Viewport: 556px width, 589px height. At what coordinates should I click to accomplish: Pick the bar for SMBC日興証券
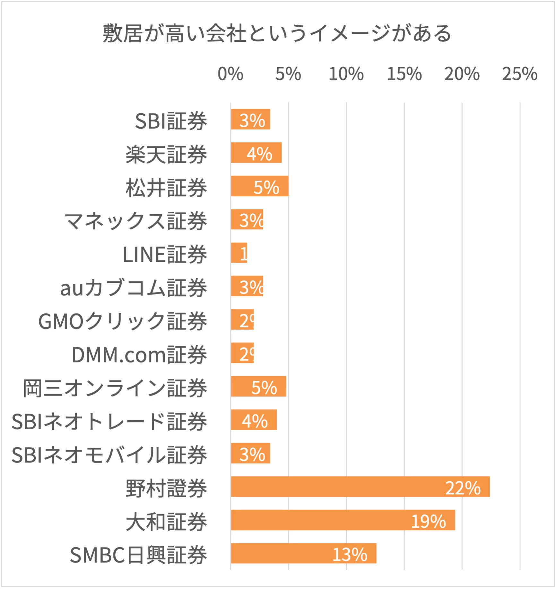pyautogui.click(x=303, y=554)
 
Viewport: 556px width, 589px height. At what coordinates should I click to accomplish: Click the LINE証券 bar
pyautogui.click(x=239, y=253)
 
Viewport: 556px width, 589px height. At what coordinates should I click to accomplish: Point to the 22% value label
pyautogui.click(x=463, y=488)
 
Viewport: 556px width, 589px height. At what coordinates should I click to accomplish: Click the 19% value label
pyautogui.click(x=428, y=522)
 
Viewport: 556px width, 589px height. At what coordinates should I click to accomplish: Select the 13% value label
pyautogui.click(x=349, y=555)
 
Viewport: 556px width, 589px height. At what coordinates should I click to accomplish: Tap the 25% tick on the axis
pyautogui.click(x=519, y=74)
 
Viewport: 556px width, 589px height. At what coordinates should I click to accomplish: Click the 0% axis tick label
pyautogui.click(x=230, y=74)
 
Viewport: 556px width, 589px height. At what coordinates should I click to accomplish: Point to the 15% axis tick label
pyautogui.click(x=404, y=74)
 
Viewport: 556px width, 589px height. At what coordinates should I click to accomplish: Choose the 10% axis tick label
pyautogui.click(x=346, y=74)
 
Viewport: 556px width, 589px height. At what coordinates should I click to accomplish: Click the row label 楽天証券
pyautogui.click(x=166, y=155)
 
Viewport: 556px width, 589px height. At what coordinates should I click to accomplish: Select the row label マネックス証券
pyautogui.click(x=135, y=221)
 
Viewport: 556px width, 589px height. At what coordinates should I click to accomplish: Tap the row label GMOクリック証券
pyautogui.click(x=123, y=321)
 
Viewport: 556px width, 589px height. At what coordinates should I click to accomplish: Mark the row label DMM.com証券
pyautogui.click(x=139, y=355)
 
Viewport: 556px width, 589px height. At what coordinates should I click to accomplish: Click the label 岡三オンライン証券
pyautogui.click(x=115, y=388)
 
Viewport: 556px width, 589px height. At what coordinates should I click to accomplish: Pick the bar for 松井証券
pyautogui.click(x=259, y=186)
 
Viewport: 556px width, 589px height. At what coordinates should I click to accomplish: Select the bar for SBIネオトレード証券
pyautogui.click(x=254, y=420)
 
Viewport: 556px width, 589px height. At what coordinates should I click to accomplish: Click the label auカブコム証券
pyautogui.click(x=134, y=288)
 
